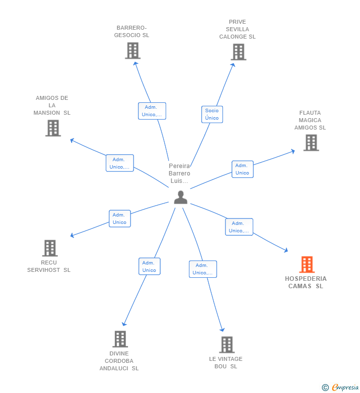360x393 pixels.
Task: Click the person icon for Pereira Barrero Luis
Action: tap(180, 197)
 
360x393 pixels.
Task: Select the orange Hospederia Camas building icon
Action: tap(307, 264)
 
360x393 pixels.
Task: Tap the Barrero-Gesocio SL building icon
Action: tap(133, 50)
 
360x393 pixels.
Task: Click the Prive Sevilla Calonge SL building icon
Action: tap(238, 52)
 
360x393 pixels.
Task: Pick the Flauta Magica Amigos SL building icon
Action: tap(311, 143)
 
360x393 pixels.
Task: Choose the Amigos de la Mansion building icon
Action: tap(53, 128)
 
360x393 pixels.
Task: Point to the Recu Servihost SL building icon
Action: tap(49, 248)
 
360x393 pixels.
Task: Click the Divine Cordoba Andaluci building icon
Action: tap(120, 339)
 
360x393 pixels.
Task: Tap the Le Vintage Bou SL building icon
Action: tap(226, 345)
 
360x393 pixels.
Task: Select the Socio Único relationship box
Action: tap(212, 114)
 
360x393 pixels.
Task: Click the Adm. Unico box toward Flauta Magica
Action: tap(242, 169)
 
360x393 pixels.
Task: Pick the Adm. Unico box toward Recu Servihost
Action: tap(119, 218)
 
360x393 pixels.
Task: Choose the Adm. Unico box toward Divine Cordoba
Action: tap(149, 266)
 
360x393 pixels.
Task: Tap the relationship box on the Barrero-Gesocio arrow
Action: tap(152, 111)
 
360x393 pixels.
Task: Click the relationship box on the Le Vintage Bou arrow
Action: tap(203, 269)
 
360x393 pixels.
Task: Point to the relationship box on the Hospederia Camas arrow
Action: tap(239, 227)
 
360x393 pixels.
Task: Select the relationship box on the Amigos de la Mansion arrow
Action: tap(120, 163)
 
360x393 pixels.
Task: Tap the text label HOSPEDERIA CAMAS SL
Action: tap(306, 282)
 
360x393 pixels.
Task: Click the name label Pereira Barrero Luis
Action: tap(179, 174)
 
